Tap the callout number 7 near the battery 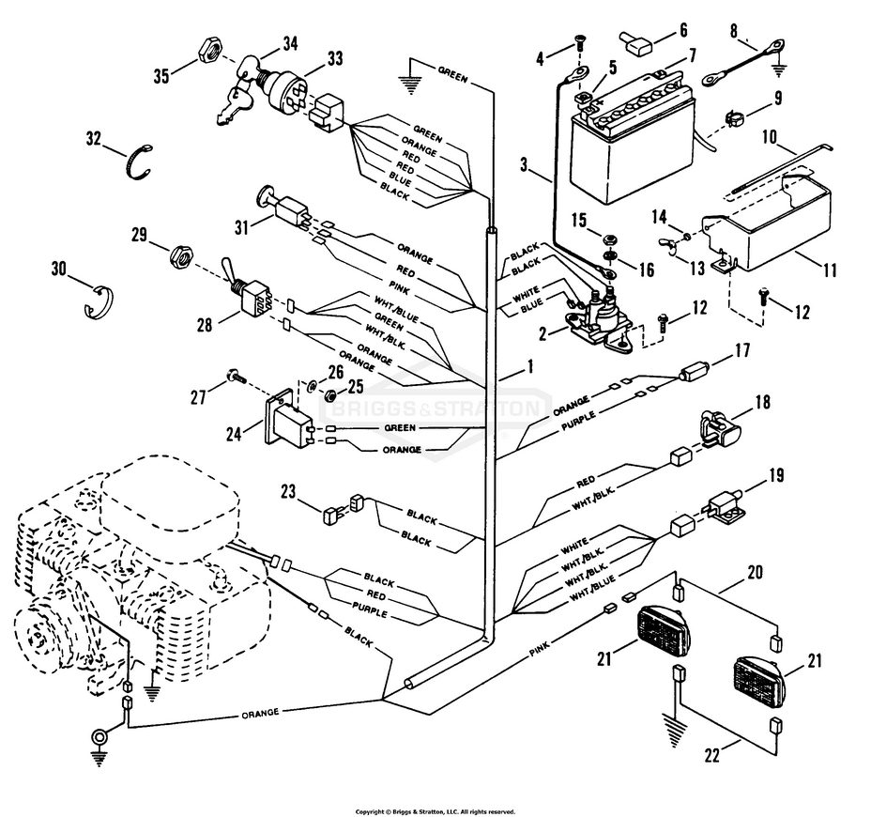692,56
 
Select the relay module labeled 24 284,419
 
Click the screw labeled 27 234,378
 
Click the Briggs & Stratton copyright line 435,810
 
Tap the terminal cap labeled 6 634,41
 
